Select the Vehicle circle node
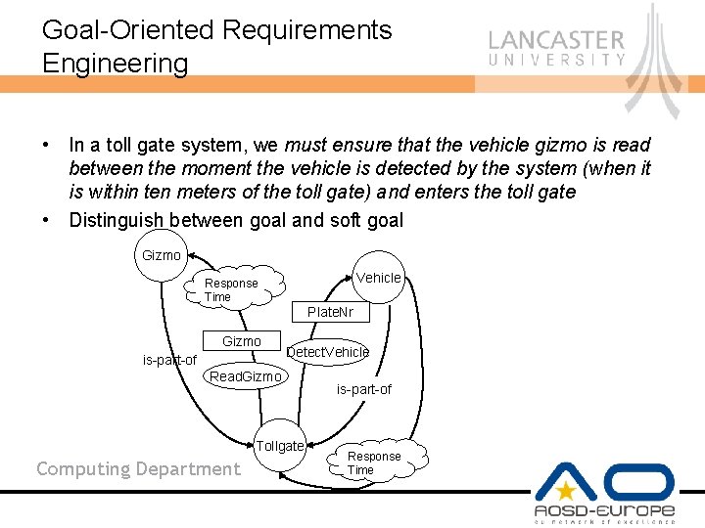tap(378, 278)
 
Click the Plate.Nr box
tap(330, 312)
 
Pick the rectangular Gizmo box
tap(241, 341)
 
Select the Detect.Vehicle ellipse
tap(327, 352)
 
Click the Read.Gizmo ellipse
tap(245, 376)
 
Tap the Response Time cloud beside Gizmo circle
tap(233, 289)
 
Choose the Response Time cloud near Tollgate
tap(373, 463)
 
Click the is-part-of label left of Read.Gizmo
tap(169, 360)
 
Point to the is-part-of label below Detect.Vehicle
tap(363, 389)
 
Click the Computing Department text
tap(138, 469)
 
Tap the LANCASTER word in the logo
tap(556, 41)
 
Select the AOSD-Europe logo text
tap(604, 511)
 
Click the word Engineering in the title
tap(115, 64)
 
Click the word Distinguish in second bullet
tap(117, 220)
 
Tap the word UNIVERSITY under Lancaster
tap(556, 61)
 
